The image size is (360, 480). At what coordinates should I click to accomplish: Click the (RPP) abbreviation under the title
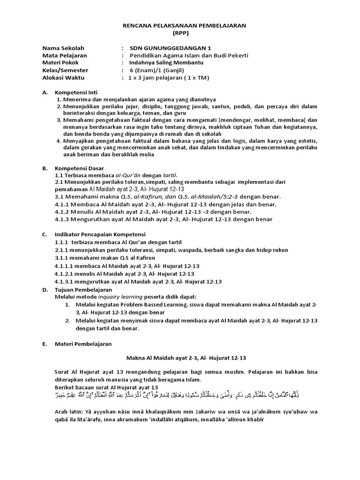tap(180, 34)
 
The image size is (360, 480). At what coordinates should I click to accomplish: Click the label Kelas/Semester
tap(65, 70)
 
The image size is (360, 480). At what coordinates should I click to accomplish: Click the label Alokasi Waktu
tap(62, 78)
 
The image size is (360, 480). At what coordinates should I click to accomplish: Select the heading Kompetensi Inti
tap(76, 92)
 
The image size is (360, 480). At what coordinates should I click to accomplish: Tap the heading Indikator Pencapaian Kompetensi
tap(100, 234)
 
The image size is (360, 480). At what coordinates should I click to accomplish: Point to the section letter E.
tap(44, 344)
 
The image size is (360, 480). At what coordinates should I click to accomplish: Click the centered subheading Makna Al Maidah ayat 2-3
tap(180, 358)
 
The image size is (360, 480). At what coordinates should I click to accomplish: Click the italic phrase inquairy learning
tap(116, 297)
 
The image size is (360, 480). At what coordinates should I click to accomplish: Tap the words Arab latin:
tap(70, 412)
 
